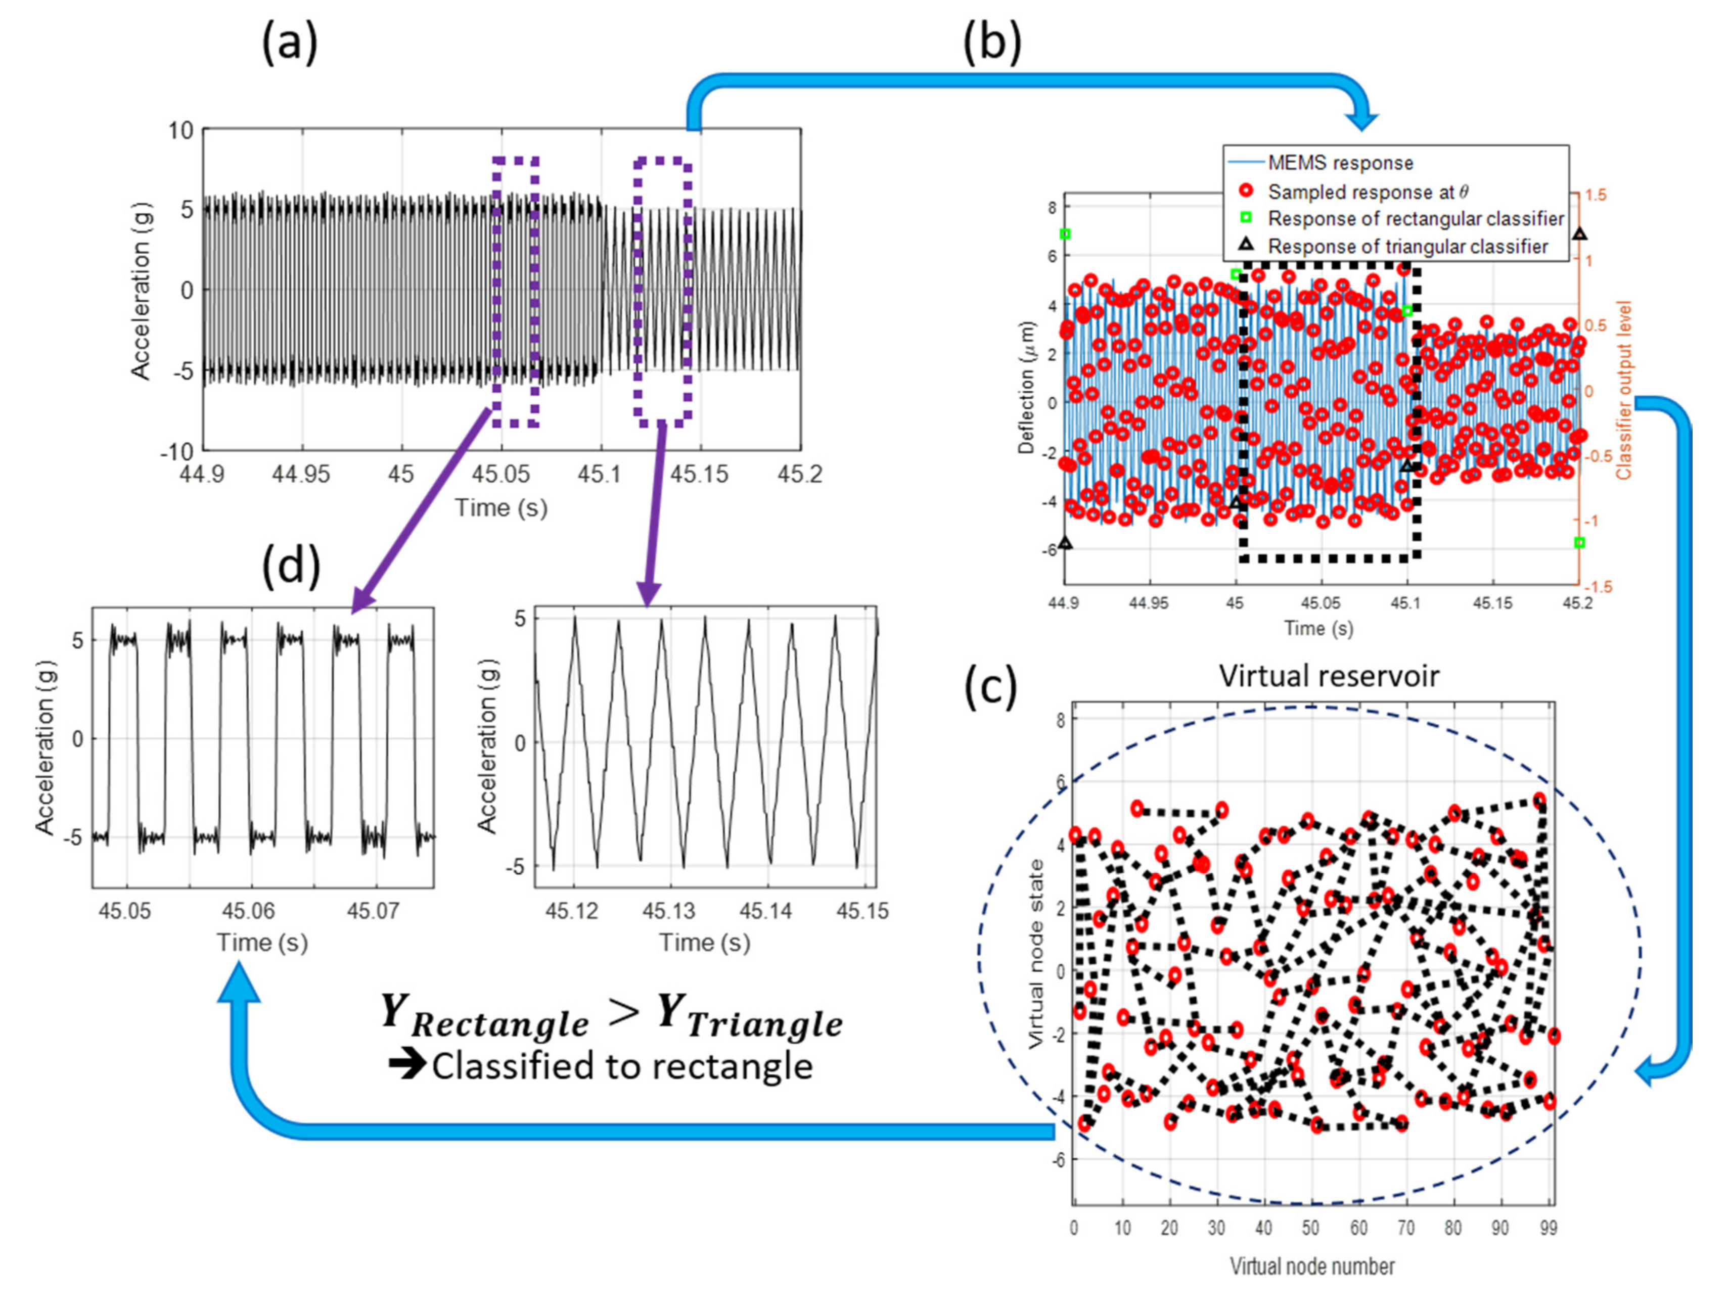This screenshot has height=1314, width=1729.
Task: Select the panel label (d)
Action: coord(292,565)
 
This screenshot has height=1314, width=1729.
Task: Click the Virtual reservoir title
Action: coord(1329,676)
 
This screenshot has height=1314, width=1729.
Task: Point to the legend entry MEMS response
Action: coord(1340,163)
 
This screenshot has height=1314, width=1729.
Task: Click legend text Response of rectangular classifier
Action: coord(1416,218)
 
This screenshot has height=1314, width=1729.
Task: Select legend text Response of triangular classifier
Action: coord(1408,247)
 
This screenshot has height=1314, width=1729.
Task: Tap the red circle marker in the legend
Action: coord(1247,191)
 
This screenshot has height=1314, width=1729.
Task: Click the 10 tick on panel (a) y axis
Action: coord(180,130)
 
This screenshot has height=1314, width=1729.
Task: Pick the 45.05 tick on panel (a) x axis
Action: coord(500,474)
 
